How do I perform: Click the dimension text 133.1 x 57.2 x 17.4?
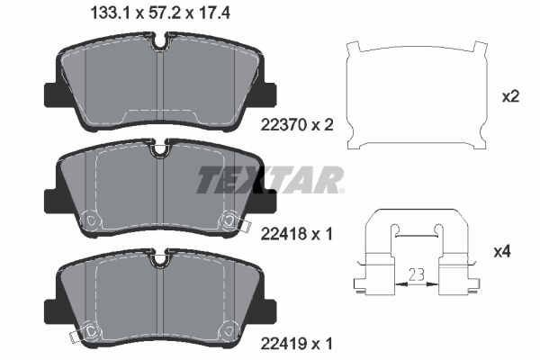coord(160,13)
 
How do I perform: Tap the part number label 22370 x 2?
coord(297,125)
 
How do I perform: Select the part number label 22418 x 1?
coord(297,234)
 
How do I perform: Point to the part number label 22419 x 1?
coord(297,343)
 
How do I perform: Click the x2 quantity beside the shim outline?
coord(510,97)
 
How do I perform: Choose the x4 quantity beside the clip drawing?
coord(502,252)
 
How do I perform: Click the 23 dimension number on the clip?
coord(417,274)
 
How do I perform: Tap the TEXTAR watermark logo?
coord(270,179)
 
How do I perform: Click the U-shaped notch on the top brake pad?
coord(160,41)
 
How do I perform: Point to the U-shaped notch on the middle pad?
coord(160,148)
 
